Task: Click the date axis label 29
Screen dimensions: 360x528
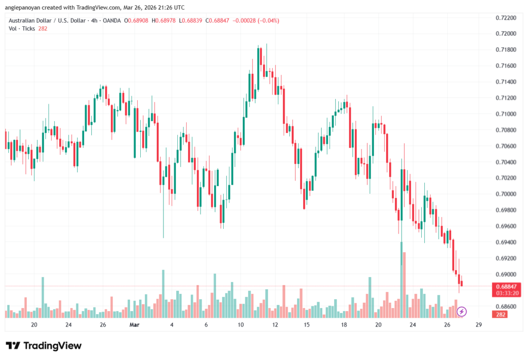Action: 479,325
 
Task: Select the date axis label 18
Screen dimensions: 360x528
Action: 344,325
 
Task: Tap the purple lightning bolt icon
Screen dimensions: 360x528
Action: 462,312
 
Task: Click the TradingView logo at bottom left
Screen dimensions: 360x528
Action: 44,346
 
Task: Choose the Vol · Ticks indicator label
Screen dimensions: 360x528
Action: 21,28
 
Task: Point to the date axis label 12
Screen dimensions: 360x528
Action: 275,325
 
